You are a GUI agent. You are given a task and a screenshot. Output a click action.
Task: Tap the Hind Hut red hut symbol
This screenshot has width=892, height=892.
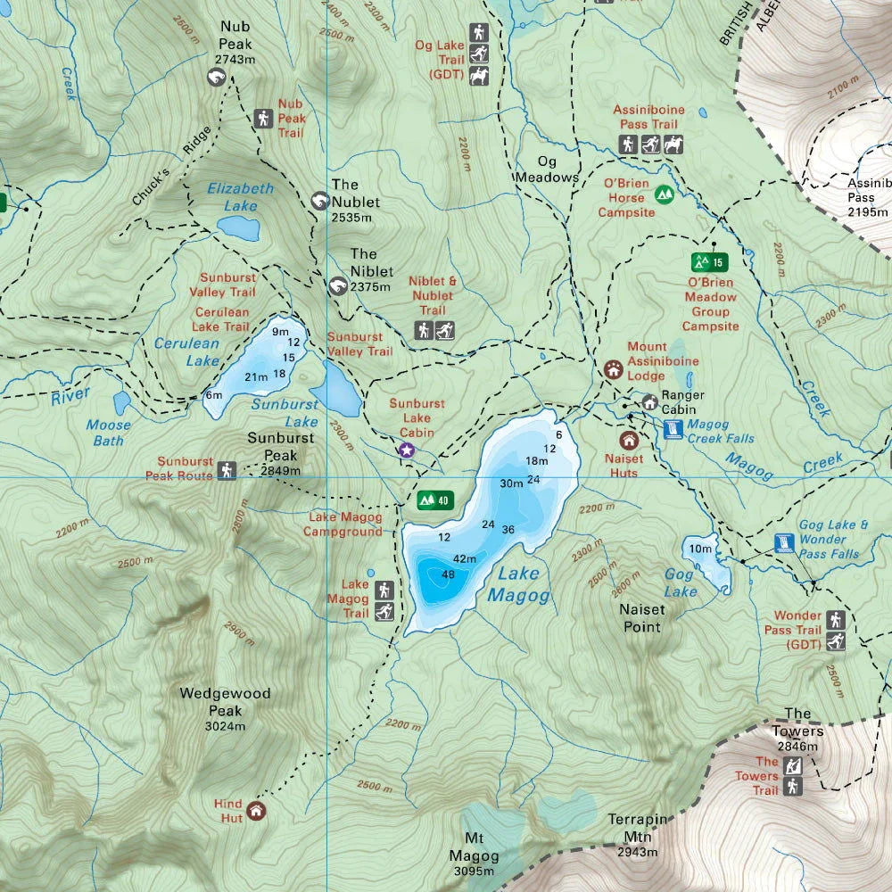(x=257, y=810)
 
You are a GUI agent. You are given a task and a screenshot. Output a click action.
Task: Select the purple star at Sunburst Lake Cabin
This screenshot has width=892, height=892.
(x=407, y=450)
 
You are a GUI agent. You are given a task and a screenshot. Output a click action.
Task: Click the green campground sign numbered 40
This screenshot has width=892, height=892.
(x=434, y=500)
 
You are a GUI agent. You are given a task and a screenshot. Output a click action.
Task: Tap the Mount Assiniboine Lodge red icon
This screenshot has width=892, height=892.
(x=613, y=368)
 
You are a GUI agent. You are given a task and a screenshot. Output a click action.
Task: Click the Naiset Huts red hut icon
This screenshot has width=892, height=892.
(x=629, y=440)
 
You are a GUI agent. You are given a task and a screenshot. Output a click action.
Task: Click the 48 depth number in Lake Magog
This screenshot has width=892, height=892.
(x=448, y=574)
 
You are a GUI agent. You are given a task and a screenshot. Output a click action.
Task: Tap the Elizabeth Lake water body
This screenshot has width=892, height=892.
(x=238, y=227)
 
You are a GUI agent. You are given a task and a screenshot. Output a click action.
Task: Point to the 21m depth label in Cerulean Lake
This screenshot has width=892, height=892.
(x=256, y=377)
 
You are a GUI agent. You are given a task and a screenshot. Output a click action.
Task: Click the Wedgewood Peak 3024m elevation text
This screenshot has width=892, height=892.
(x=226, y=726)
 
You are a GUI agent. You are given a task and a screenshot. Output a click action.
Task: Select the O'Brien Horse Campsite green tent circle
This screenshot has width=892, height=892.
(x=664, y=194)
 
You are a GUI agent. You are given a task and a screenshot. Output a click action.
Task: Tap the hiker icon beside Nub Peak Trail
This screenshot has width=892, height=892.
(x=262, y=118)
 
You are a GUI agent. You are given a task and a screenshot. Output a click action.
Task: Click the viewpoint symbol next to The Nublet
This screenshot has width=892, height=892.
(x=319, y=201)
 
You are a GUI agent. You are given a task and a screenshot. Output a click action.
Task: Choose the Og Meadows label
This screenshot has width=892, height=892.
(x=546, y=169)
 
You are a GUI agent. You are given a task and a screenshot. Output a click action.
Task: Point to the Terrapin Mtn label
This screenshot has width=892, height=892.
(x=638, y=827)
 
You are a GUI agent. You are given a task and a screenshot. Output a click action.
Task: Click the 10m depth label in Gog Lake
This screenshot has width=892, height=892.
(x=700, y=548)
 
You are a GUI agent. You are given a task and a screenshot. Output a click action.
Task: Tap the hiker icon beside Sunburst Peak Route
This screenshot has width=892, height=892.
(x=227, y=469)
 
